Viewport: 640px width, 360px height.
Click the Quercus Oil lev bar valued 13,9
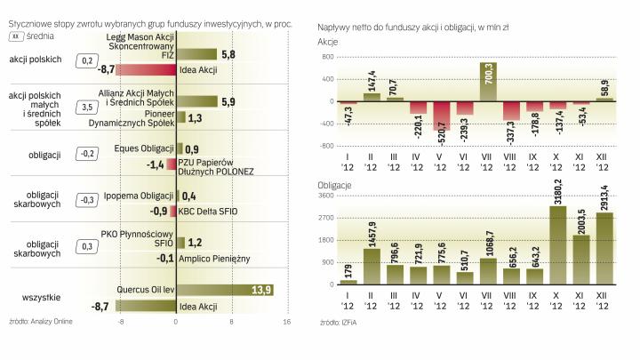[x=224, y=290]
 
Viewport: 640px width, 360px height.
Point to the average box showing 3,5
[x=87, y=108]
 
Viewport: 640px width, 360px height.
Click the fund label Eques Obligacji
[x=143, y=149]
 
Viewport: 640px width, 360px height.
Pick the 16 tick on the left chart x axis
[x=286, y=323]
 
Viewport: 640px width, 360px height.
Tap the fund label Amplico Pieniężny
[x=216, y=257]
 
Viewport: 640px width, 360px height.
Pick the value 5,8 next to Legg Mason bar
[x=228, y=55]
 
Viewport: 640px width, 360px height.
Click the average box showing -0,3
[x=87, y=200]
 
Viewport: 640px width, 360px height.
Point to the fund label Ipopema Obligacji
[x=137, y=195]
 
